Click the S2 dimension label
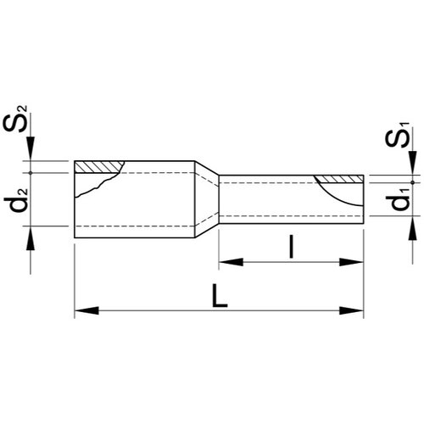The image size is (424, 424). (x=15, y=119)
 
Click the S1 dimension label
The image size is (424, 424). (x=398, y=135)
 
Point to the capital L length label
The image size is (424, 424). (x=220, y=296)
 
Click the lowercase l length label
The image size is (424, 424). (x=292, y=247)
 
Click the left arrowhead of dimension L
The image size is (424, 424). (x=86, y=310)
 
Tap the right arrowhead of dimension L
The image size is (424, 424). (x=351, y=310)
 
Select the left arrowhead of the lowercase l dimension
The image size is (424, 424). (x=231, y=262)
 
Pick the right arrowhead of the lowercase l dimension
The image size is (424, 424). (x=351, y=262)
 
